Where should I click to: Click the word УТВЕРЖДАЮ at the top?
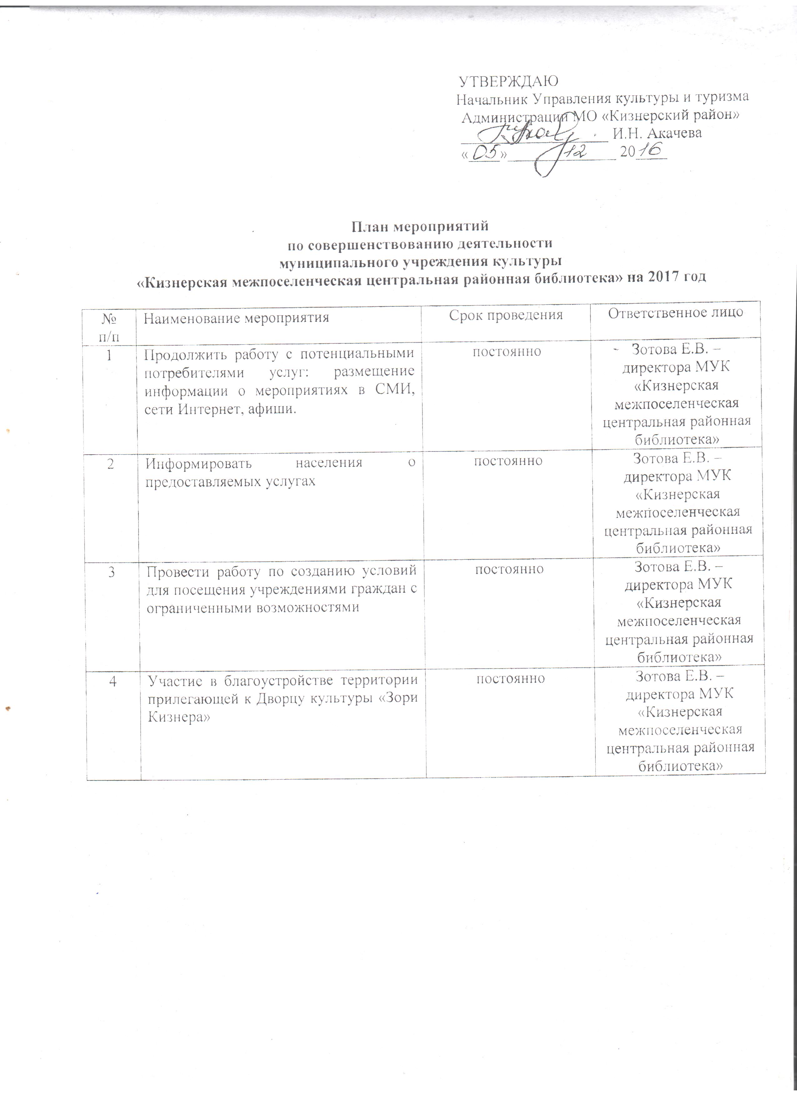tap(508, 80)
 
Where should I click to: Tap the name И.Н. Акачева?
tap(657, 133)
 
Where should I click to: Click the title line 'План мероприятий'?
tap(419, 226)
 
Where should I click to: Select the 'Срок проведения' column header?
tap(506, 315)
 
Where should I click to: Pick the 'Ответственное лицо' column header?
tap(675, 313)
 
